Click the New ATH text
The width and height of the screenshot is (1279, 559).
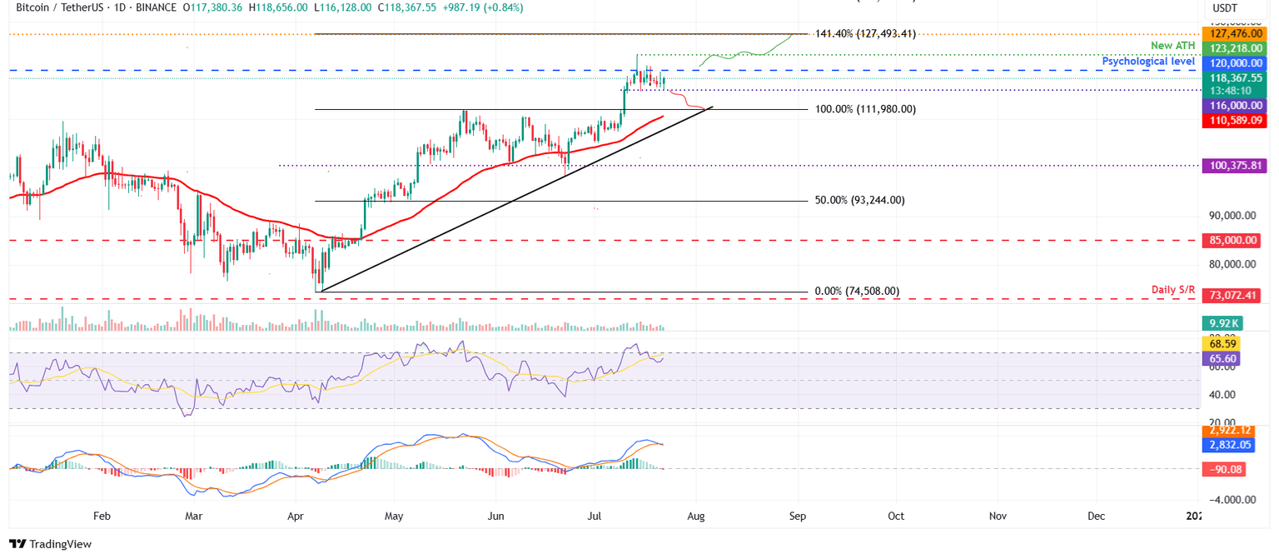[x=1173, y=44]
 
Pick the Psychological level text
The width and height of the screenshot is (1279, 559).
[x=1148, y=62]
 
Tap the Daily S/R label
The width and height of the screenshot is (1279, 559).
[x=1173, y=290]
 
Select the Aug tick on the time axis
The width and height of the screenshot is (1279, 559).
[x=696, y=517]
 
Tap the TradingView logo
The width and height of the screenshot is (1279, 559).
[x=50, y=544]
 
